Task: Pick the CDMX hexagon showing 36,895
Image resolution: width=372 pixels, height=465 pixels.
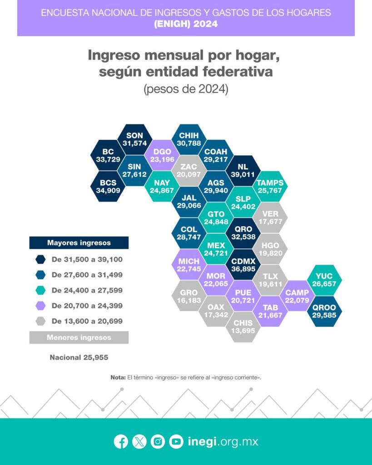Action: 243,264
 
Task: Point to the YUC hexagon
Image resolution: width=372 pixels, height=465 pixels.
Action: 325,280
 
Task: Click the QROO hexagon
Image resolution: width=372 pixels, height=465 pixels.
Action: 325,311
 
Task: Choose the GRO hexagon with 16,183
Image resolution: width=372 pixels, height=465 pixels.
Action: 189,296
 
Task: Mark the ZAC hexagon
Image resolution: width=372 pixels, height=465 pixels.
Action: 189,171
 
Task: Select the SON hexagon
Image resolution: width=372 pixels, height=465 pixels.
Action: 134,139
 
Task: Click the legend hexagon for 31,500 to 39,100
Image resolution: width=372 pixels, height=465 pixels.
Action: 41,260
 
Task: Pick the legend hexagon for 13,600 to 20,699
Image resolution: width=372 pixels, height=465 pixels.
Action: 41,321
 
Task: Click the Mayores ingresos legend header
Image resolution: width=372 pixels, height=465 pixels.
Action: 79,243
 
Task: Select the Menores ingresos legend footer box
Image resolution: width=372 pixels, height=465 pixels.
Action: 79,337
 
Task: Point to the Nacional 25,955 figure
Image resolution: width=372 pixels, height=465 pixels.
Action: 79,357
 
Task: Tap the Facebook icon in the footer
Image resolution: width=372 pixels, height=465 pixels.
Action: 121,441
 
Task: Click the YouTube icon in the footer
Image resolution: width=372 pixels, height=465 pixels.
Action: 176,441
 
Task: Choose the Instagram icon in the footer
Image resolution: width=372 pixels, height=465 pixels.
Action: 158,441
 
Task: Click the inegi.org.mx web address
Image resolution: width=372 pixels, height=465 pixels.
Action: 223,441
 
